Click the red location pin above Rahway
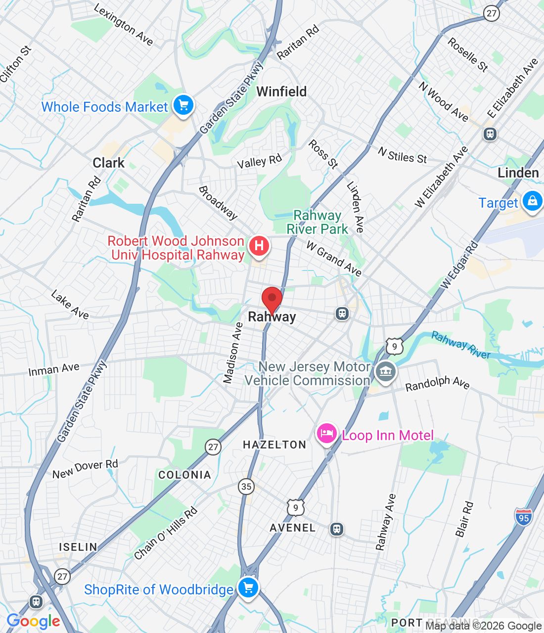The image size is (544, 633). pos(272,299)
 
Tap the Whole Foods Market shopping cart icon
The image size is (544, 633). pos(183,105)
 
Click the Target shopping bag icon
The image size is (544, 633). pos(532,201)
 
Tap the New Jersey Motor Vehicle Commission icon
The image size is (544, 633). pos(385,371)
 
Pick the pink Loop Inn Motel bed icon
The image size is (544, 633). pos(326,434)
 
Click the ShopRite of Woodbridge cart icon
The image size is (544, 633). pos(248,588)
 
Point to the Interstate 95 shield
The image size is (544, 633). pos(523,517)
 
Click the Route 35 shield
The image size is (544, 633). pos(246,486)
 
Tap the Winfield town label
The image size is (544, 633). pos(281,91)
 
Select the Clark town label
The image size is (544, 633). pos(109,163)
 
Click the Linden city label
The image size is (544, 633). pos(518,173)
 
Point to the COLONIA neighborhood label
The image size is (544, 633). pos(184,475)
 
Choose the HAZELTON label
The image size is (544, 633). pos(274,445)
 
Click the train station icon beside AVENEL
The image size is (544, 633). pos(336,529)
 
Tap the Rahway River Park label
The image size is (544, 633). pos(317,222)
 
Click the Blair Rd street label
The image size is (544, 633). pos(464,519)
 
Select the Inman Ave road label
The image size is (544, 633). pos(54,369)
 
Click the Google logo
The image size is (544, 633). pos(33,622)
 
